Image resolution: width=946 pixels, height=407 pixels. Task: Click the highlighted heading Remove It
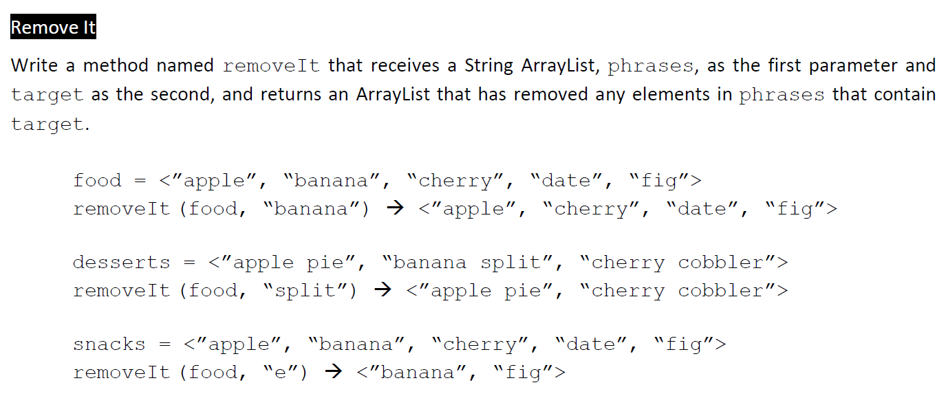point(53,27)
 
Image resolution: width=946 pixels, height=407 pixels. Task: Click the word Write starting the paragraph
point(34,66)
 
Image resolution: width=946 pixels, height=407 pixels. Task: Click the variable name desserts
point(121,263)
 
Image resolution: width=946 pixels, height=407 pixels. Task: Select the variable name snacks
point(109,344)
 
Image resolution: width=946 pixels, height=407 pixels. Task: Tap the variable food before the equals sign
point(97,181)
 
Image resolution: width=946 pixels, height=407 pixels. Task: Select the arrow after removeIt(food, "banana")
point(394,209)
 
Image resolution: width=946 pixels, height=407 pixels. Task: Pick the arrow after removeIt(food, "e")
point(332,373)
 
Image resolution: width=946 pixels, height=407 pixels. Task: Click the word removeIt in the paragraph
point(272,67)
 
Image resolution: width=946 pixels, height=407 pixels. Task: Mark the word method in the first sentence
point(118,66)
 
